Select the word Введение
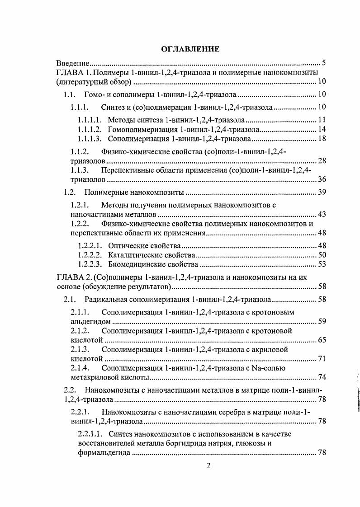click(72, 62)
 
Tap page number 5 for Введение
click(323, 62)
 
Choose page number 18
click(322, 138)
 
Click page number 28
click(322, 161)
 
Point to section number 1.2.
click(69, 192)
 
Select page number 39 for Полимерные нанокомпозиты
click(322, 192)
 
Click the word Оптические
click(127, 246)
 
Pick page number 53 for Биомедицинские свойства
click(322, 264)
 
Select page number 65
click(322, 340)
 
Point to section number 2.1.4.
click(81, 368)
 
